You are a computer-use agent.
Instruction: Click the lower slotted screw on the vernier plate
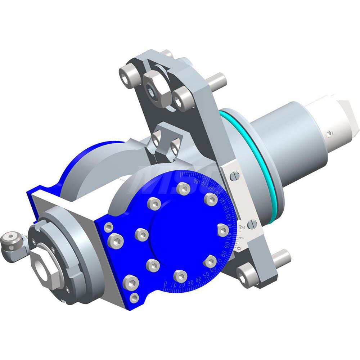[x=253, y=224]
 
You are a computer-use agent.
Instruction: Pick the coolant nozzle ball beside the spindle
[x=10, y=238]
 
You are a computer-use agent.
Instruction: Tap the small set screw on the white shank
[x=330, y=134]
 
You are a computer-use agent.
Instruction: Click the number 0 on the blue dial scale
[x=165, y=283]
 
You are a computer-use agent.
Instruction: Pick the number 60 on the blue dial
[x=214, y=270]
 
